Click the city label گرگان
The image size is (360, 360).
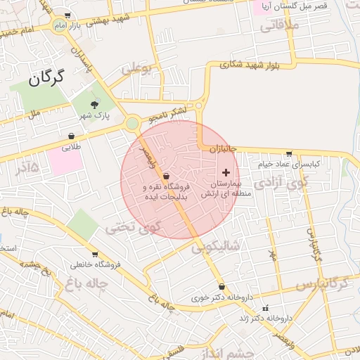tap(47, 77)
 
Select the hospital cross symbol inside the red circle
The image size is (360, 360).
tap(226, 172)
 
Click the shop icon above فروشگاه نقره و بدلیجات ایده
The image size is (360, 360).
tap(166, 175)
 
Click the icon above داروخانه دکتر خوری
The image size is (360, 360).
tap(222, 287)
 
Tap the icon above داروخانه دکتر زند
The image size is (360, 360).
tap(265, 308)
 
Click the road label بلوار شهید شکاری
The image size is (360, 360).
tap(249, 64)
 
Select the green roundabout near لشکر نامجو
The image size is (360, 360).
tap(132, 124)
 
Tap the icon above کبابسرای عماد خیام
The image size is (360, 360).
tap(288, 154)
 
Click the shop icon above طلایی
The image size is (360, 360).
tap(72, 136)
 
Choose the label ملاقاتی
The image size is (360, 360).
tap(280, 27)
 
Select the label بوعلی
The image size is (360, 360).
tap(136, 69)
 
